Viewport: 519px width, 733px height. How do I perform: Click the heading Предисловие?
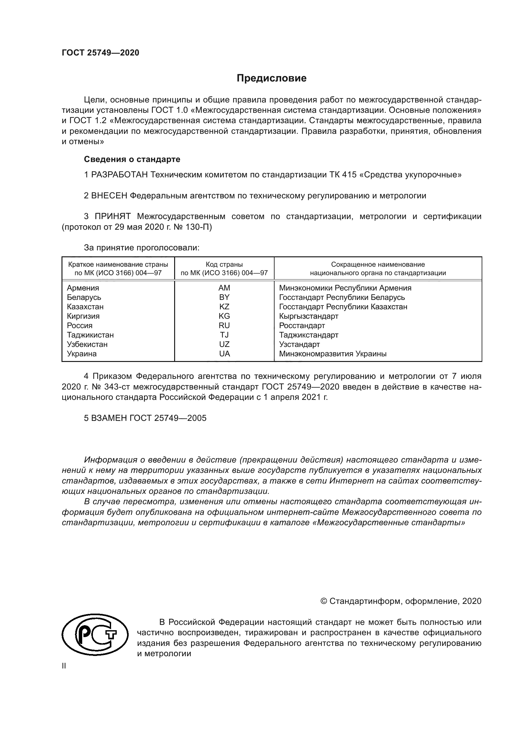pos(271,78)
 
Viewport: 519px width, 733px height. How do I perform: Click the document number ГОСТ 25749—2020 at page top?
pos(100,53)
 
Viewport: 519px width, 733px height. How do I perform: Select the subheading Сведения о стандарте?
pos(132,159)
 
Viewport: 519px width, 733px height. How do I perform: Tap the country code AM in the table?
pos(224,288)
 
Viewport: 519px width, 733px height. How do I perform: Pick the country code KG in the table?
pos(224,316)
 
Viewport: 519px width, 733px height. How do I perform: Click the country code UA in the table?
pos(224,354)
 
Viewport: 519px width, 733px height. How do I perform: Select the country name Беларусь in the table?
pos(84,297)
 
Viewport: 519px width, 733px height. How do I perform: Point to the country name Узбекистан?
pos(87,344)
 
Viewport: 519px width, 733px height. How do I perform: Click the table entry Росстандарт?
pos(302,326)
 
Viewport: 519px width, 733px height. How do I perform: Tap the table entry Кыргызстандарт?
pos(308,316)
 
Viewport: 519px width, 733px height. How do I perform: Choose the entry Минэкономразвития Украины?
pos(333,354)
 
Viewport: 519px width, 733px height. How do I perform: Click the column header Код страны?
pos(224,264)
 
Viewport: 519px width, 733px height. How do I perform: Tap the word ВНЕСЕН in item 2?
pos(109,196)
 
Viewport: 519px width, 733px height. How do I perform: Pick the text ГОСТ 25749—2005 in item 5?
pos(168,418)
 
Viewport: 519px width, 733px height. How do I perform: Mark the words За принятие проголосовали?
pos(142,248)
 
